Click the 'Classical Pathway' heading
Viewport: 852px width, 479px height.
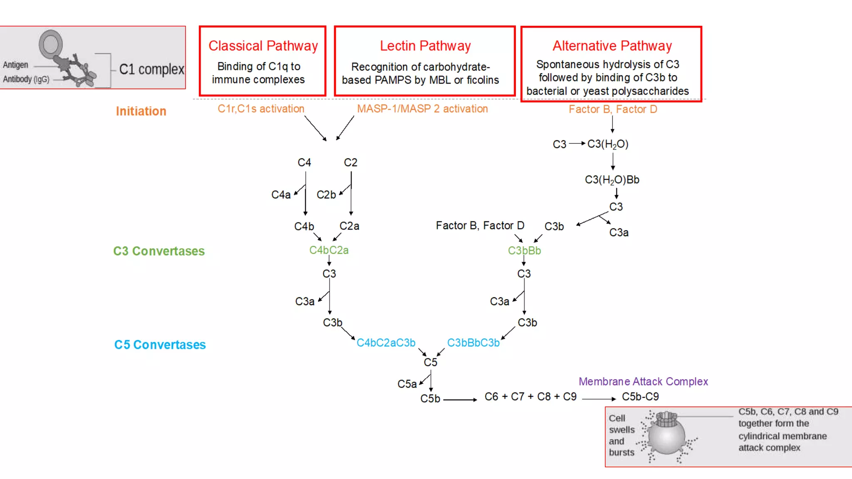point(263,46)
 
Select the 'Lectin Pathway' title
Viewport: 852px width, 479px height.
point(425,46)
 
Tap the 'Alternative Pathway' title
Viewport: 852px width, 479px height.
point(612,46)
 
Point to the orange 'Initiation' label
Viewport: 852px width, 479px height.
point(141,111)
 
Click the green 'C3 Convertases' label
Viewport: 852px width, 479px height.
point(159,251)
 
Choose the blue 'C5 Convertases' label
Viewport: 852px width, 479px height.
point(160,345)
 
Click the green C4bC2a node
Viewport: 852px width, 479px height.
point(329,250)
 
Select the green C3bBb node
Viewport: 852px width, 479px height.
point(524,251)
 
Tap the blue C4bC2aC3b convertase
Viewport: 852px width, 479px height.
point(386,343)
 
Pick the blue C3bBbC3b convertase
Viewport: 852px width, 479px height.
point(473,343)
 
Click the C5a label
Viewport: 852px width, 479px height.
point(406,384)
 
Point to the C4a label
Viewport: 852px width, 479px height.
point(281,195)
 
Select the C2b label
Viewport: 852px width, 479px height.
point(326,195)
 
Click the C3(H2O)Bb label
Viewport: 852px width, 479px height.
point(612,180)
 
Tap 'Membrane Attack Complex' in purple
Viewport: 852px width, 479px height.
point(643,381)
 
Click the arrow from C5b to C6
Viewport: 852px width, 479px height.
point(460,400)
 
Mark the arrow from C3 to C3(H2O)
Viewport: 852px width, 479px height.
point(577,143)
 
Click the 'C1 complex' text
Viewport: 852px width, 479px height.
point(151,69)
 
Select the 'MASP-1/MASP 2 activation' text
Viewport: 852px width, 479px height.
point(422,109)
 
